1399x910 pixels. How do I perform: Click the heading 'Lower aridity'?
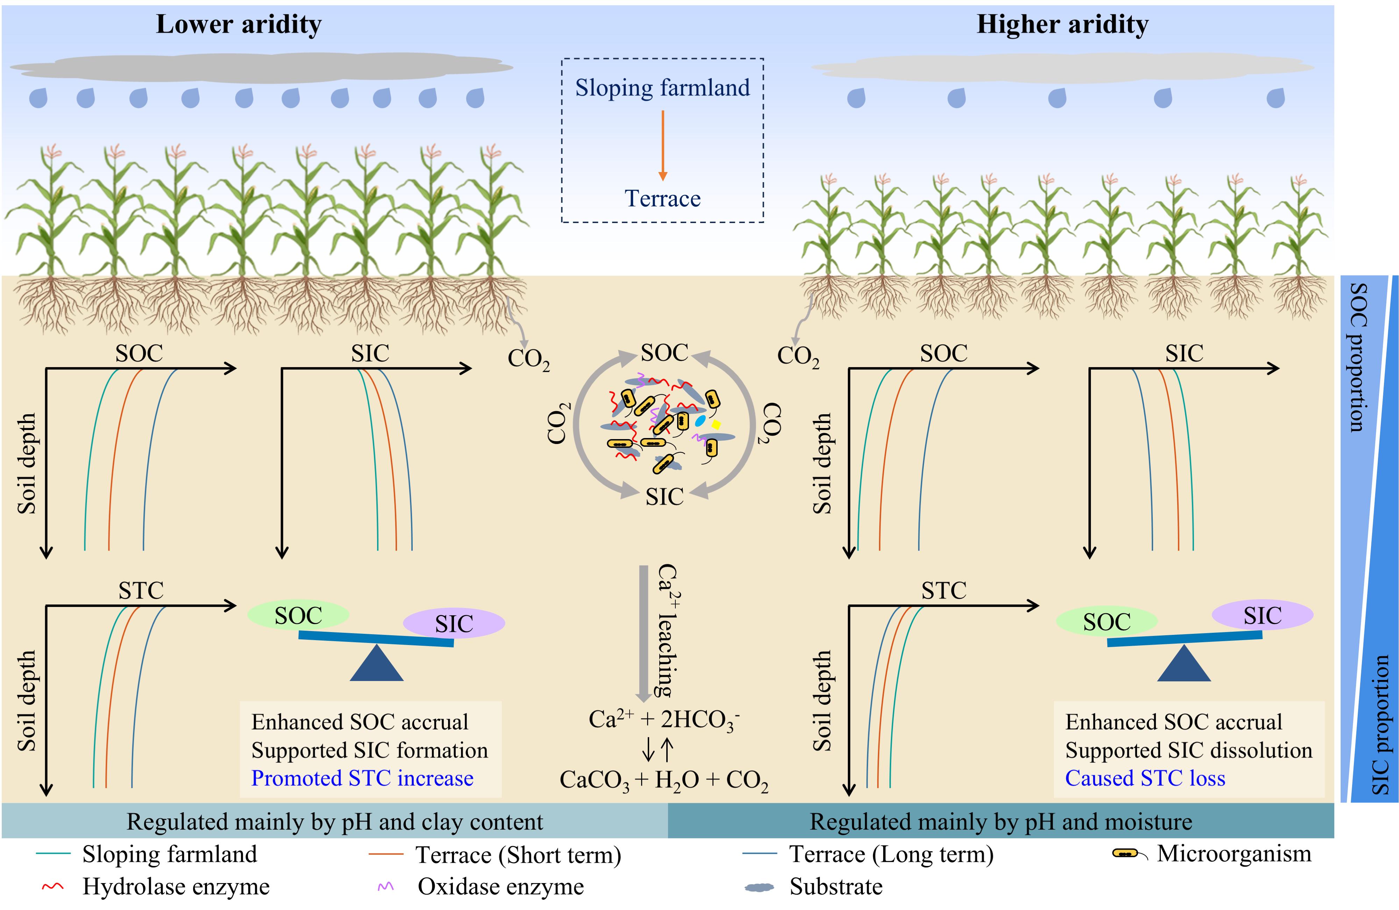239,25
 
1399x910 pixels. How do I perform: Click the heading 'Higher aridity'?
1062,25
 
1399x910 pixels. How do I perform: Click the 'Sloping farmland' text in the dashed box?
662,88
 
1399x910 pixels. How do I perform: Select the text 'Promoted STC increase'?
362,779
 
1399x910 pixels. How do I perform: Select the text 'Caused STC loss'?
1145,779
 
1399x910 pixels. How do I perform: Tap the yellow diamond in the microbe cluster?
716,424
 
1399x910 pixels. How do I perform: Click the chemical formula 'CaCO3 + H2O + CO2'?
663,780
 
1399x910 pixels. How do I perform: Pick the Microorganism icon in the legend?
1129,854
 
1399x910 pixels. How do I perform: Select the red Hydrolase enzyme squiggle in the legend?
53,887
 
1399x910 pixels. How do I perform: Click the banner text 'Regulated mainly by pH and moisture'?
1001,821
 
